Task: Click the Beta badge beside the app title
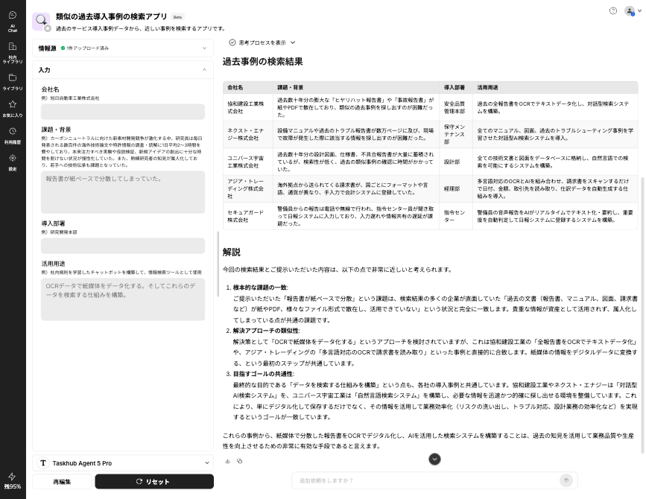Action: tap(177, 16)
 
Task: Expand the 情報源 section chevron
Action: tap(204, 48)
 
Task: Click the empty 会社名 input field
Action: tap(123, 111)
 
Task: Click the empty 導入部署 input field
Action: tap(123, 245)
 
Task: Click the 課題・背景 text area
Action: tap(123, 192)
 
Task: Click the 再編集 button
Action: tap(62, 482)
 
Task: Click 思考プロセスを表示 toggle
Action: tap(262, 42)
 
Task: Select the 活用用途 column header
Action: tap(488, 87)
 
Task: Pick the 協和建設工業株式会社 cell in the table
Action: tap(246, 107)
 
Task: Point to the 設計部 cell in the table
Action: tap(452, 162)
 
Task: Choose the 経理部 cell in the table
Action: tap(452, 189)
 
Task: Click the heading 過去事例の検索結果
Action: tap(262, 62)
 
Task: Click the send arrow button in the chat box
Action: tap(566, 480)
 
